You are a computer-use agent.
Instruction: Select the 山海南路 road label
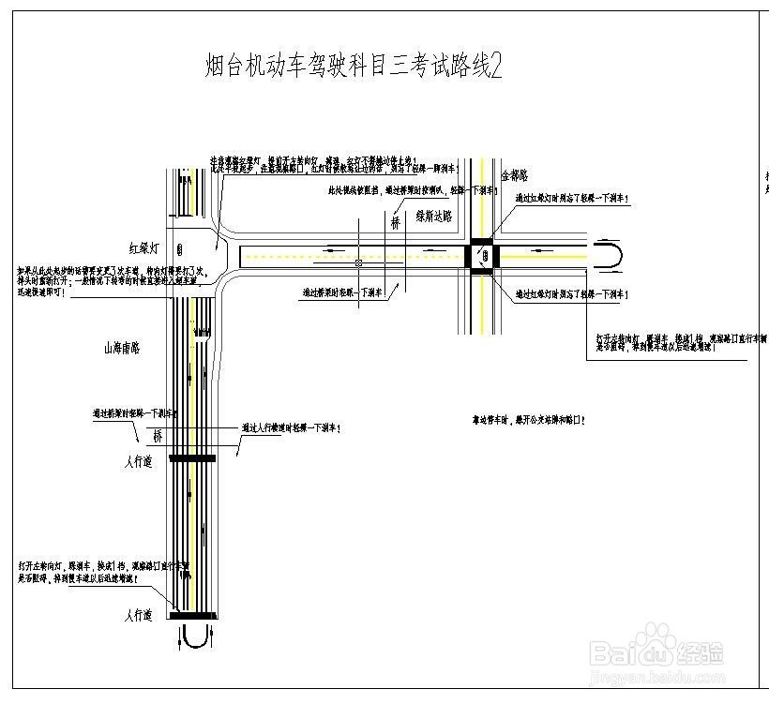(121, 348)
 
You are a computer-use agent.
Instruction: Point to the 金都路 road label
(515, 175)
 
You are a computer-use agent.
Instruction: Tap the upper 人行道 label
(137, 461)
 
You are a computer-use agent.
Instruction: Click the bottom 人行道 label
(137, 616)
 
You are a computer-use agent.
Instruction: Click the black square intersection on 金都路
(482, 255)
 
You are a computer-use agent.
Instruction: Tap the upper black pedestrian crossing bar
(192, 458)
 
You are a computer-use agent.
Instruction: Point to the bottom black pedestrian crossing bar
(192, 616)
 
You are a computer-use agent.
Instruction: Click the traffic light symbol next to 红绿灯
(179, 249)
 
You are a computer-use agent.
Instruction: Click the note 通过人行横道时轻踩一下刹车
(292, 427)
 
